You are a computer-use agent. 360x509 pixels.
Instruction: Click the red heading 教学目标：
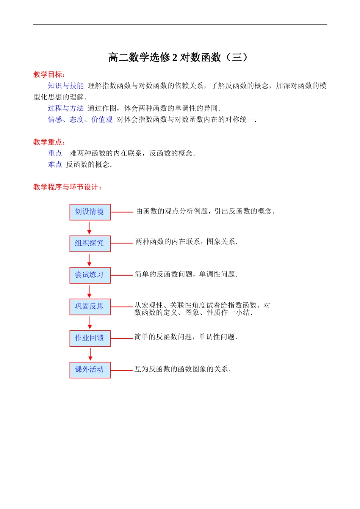(x=49, y=75)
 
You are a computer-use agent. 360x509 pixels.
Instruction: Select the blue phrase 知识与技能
(x=66, y=86)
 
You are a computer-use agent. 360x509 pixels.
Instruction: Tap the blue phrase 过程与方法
(x=66, y=108)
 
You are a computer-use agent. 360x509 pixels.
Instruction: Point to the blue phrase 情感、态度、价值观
(x=80, y=120)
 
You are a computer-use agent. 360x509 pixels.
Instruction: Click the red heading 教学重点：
(x=49, y=142)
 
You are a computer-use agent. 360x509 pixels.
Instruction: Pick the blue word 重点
(x=55, y=153)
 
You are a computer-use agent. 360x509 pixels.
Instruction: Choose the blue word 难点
(x=55, y=165)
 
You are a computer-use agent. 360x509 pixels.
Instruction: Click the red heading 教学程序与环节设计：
(x=67, y=187)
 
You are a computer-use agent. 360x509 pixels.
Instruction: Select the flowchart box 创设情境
(x=90, y=212)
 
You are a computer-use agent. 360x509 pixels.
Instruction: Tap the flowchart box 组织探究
(x=90, y=244)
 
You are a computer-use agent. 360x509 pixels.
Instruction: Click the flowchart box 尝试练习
(x=90, y=275)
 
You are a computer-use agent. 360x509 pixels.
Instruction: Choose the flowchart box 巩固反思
(x=90, y=306)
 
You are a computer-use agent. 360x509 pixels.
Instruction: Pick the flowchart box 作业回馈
(x=90, y=338)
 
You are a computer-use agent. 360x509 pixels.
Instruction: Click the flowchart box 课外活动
(x=90, y=370)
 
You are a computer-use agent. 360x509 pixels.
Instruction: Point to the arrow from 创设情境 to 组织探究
(x=89, y=228)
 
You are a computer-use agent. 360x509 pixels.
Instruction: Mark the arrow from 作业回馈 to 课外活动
(x=90, y=354)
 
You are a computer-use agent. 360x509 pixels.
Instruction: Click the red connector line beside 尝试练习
(x=122, y=275)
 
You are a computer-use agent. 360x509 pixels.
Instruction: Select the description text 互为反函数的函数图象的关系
(x=182, y=369)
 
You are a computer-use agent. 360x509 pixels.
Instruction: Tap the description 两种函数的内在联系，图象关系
(x=186, y=242)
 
